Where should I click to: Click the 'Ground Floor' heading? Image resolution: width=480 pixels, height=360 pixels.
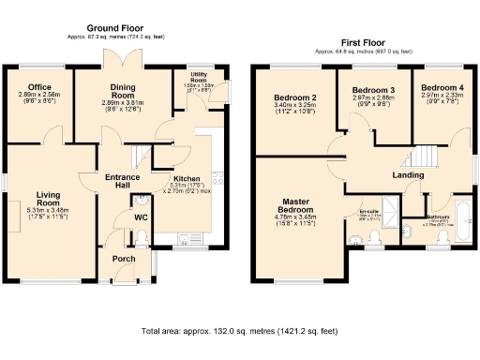click(x=116, y=29)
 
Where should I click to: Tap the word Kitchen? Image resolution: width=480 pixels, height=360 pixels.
click(x=187, y=178)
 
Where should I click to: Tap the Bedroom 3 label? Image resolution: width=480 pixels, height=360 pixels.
click(x=372, y=90)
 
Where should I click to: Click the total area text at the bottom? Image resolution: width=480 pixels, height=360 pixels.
click(x=239, y=331)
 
